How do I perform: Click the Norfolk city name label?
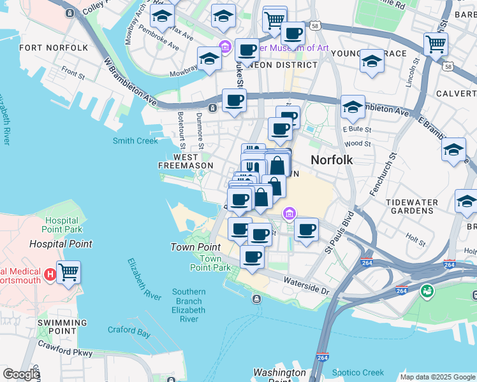332,160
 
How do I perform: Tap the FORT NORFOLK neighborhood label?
54,48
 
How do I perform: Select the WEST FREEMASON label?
186,161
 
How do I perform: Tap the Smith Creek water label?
135,141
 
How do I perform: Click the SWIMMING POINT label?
61,327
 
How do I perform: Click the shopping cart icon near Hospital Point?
68,273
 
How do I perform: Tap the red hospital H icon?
50,275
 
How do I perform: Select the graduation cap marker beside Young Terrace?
372,62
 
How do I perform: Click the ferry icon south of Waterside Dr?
256,299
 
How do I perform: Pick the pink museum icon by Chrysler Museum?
224,47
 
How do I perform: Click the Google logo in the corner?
20,374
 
